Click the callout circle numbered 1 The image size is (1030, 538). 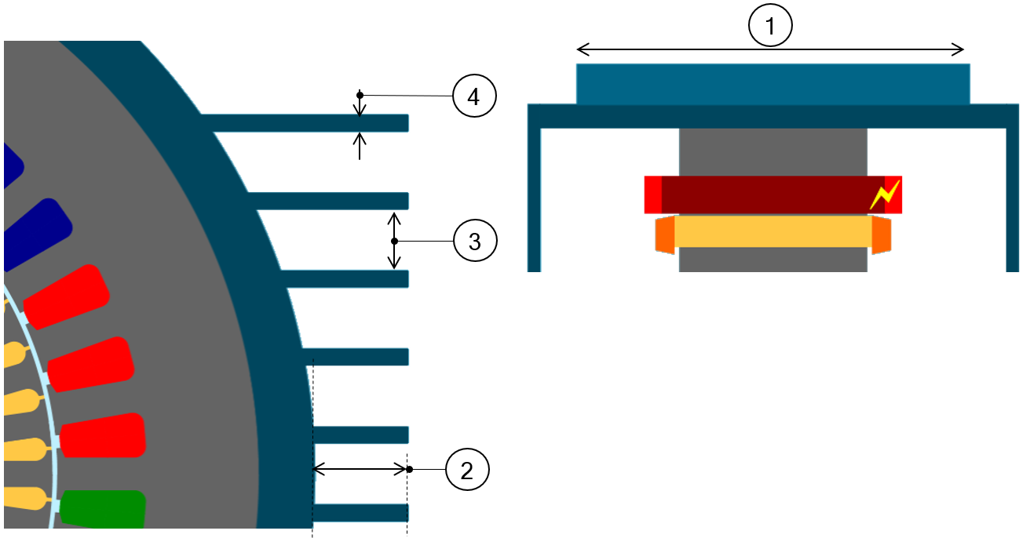click(770, 27)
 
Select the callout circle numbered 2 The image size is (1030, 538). click(467, 471)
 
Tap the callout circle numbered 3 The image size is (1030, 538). click(475, 242)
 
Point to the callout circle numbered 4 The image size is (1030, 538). click(473, 96)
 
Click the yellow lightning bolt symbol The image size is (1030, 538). click(884, 195)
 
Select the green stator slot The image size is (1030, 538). click(104, 509)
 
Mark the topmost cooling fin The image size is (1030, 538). click(306, 122)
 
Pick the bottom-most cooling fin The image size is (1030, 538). click(361, 513)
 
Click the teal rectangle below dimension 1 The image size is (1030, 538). click(772, 84)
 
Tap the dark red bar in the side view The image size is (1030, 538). click(765, 194)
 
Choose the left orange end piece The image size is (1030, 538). click(664, 235)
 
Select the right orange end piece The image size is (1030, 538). click(881, 235)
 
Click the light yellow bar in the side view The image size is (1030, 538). click(772, 232)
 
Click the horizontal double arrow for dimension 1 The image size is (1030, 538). click(770, 50)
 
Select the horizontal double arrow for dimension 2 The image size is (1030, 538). click(360, 470)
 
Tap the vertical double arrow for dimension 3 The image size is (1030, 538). click(395, 240)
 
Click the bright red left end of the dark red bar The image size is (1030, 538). click(652, 194)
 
